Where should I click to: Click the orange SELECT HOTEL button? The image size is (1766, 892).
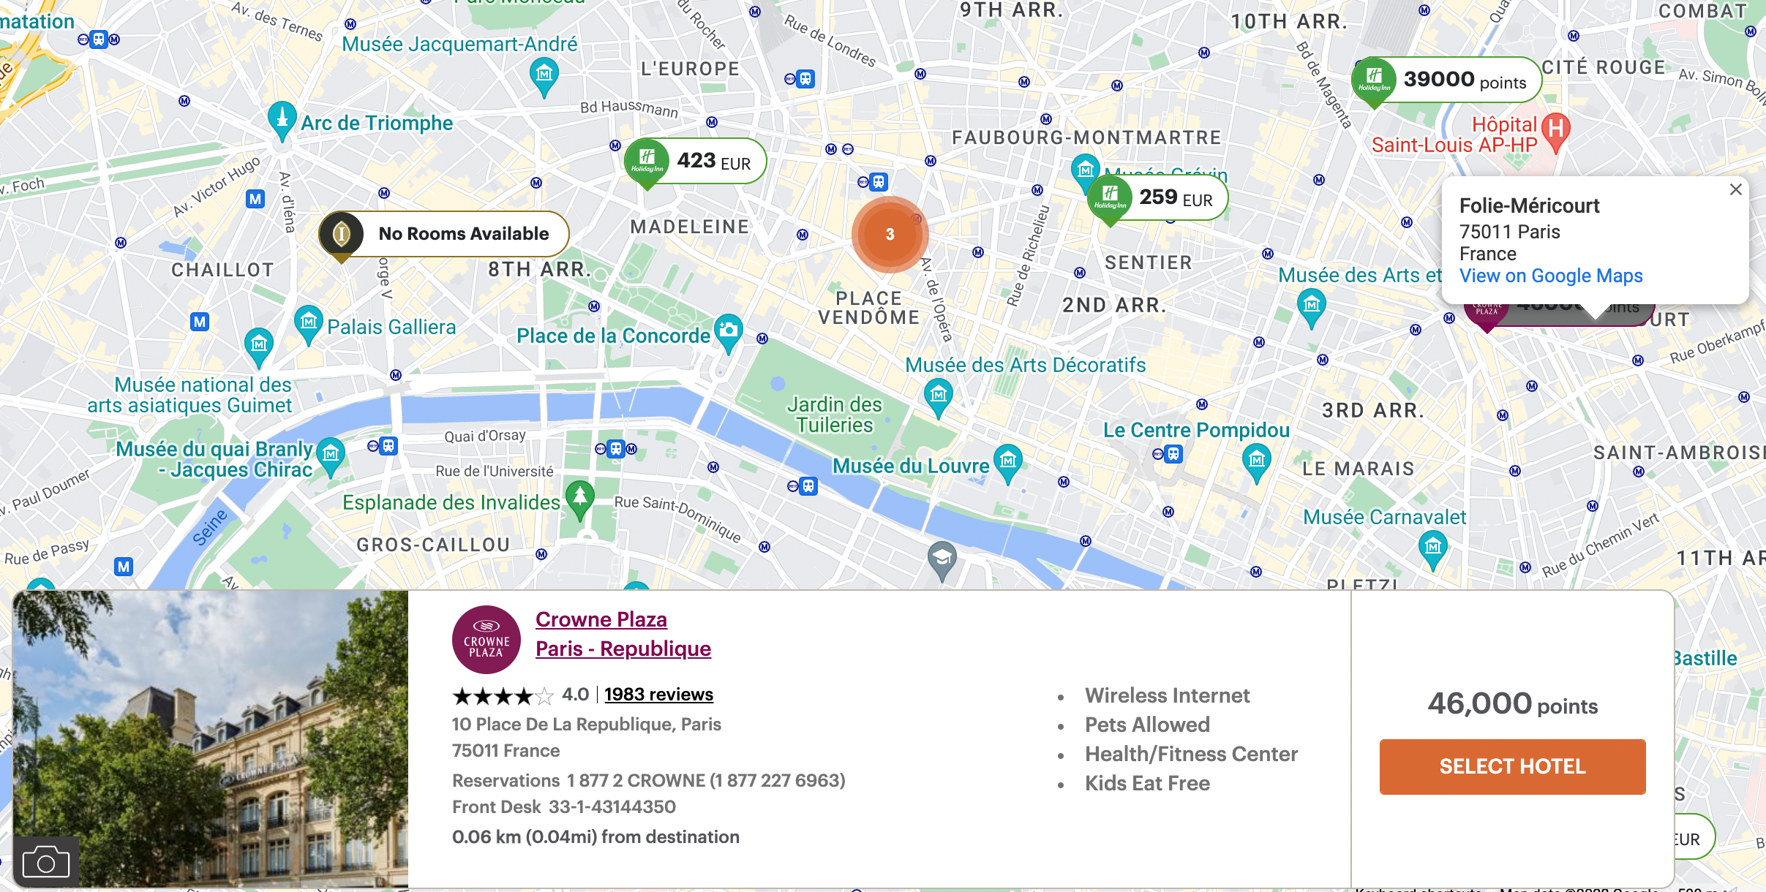pos(1512,766)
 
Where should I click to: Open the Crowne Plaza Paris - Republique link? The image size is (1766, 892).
pos(623,634)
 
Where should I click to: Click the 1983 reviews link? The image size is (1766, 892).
pos(658,695)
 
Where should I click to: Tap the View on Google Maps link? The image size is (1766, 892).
pos(1551,276)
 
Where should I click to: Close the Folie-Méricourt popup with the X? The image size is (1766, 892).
pos(1735,190)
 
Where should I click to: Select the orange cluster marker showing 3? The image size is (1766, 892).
pos(890,234)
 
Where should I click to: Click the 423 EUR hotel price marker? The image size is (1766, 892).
pos(695,161)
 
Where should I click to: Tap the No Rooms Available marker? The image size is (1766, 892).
pos(444,234)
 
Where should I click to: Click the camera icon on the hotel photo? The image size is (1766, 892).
pos(46,862)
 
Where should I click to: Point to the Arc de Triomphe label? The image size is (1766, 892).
pos(377,123)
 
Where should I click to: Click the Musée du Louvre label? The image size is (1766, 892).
pos(911,466)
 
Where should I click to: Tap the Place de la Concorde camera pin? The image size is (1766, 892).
pos(728,331)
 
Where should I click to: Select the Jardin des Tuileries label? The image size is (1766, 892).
pos(834,415)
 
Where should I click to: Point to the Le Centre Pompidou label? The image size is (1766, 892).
pos(1196,430)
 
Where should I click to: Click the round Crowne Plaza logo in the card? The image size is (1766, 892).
pos(486,640)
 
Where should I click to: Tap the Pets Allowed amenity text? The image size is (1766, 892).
pos(1147,725)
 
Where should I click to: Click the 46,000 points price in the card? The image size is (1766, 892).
pos(1512,704)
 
